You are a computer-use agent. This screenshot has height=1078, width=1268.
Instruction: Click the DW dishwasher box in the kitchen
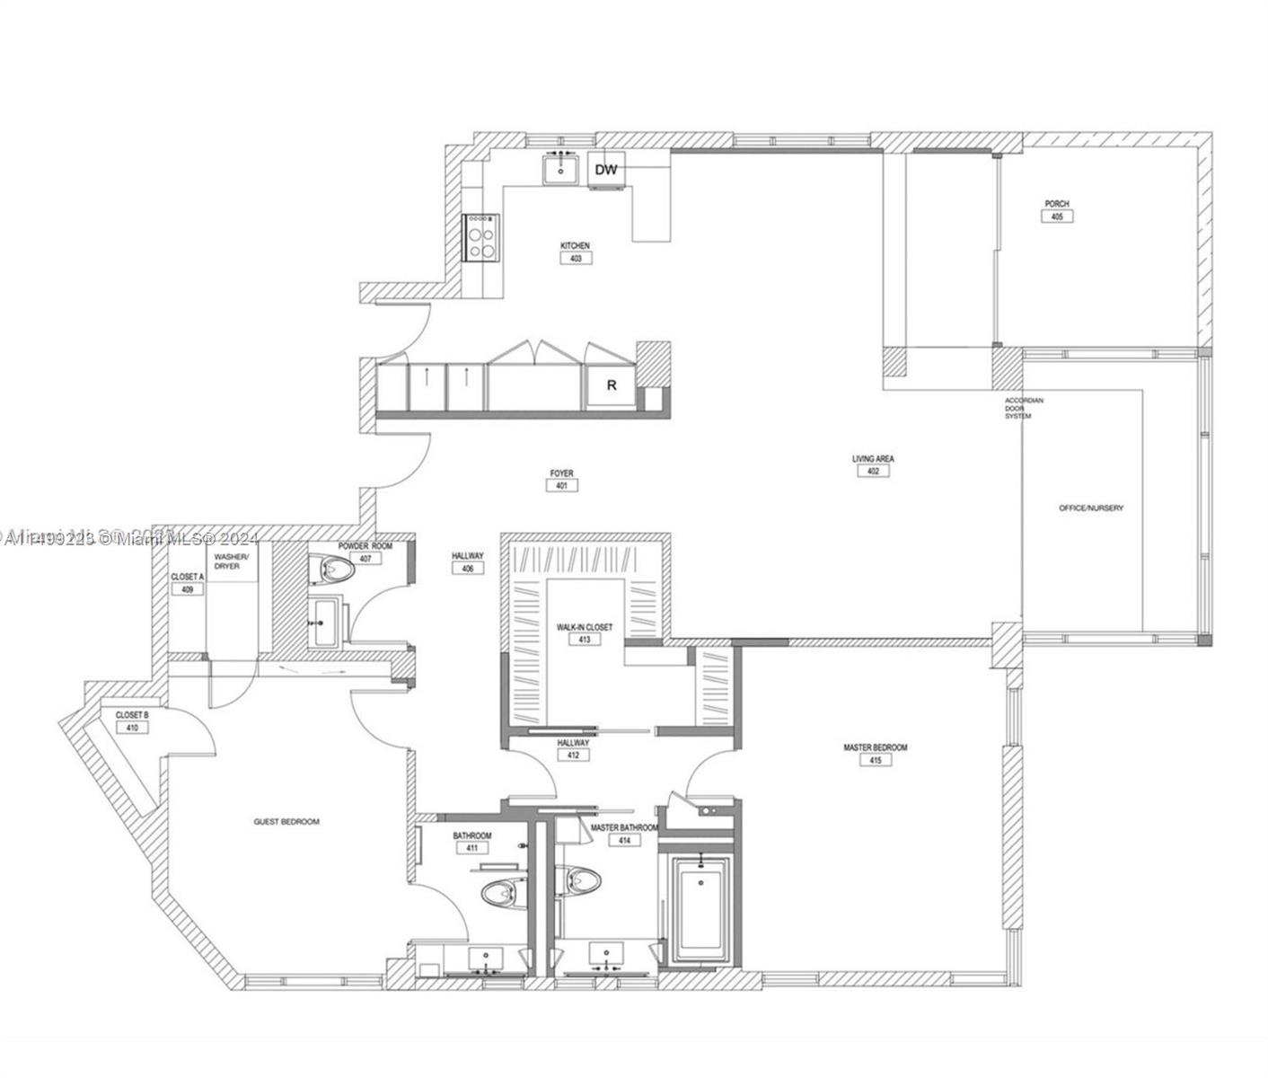607,170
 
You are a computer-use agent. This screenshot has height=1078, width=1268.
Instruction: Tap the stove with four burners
480,237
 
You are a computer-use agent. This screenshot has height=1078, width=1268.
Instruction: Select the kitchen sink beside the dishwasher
560,168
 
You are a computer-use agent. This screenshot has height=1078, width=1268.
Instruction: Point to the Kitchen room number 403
576,259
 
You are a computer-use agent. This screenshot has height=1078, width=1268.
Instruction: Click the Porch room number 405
1057,216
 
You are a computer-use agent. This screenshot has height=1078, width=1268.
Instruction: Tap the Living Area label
873,459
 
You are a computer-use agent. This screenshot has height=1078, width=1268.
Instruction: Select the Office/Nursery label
1090,508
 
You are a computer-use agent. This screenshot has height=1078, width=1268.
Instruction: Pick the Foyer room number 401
561,486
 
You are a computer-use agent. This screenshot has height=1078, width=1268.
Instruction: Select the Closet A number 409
188,590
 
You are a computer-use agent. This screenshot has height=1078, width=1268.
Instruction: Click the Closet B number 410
132,729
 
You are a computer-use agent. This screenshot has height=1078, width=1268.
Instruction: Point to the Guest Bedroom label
286,822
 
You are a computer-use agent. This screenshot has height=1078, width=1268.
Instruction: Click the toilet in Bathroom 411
502,893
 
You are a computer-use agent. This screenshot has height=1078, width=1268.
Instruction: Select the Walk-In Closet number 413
585,641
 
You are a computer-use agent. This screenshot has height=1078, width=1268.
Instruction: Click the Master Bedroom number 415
875,761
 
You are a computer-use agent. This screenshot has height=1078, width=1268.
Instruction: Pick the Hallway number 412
573,755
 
